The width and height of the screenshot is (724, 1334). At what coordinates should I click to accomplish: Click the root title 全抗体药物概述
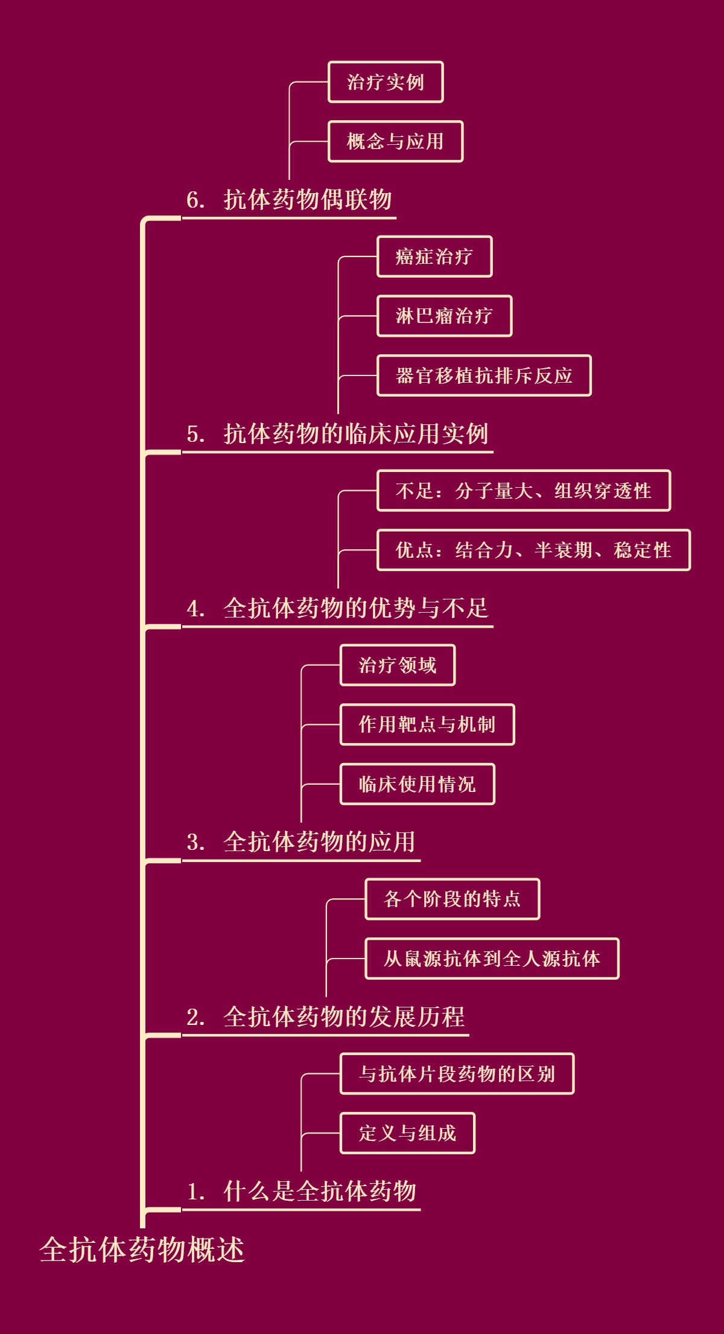(142, 1249)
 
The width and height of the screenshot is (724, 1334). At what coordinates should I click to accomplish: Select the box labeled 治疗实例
(386, 82)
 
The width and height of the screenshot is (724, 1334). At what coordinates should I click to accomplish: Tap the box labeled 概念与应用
(395, 141)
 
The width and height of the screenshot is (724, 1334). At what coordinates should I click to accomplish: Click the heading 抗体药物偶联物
(308, 200)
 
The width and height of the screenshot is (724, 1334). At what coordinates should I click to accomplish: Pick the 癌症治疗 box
(434, 257)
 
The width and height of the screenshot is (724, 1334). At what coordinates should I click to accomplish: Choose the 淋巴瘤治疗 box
(444, 316)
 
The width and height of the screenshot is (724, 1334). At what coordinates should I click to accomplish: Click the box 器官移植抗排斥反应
(484, 375)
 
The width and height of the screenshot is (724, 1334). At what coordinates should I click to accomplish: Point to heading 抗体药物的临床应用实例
(355, 434)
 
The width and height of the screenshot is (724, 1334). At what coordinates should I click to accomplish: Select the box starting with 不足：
(524, 491)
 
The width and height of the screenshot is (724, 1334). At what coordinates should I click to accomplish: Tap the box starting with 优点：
(533, 550)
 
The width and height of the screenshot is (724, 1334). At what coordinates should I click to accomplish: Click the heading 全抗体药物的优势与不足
(355, 608)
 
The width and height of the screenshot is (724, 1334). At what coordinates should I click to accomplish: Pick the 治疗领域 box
(398, 665)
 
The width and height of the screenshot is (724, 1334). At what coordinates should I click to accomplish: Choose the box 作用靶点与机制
(427, 724)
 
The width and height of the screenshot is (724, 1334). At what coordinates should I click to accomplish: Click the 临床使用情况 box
(418, 784)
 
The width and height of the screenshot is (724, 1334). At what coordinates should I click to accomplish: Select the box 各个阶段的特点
(452, 899)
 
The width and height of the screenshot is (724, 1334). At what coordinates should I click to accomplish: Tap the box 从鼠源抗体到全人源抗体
(492, 959)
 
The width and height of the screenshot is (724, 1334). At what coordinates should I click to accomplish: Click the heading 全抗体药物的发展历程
(343, 1017)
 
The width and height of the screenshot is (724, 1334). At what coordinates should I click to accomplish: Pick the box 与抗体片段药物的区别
(457, 1074)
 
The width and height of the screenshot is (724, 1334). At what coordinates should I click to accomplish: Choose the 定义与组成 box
(407, 1133)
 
